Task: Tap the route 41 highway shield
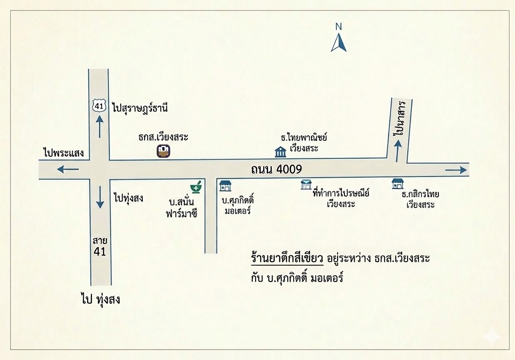pyautogui.click(x=99, y=106)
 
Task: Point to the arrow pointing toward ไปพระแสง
pyautogui.click(x=68, y=169)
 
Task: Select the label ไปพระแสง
pyautogui.click(x=64, y=153)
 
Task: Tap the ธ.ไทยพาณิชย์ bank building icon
pyautogui.click(x=281, y=152)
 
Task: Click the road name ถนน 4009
pyautogui.click(x=276, y=170)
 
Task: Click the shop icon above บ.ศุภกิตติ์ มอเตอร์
pyautogui.click(x=225, y=185)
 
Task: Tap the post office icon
pyautogui.click(x=306, y=185)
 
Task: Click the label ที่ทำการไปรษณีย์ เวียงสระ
pyautogui.click(x=340, y=198)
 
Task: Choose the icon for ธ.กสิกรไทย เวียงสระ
pyautogui.click(x=398, y=184)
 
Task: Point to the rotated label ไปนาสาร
pyautogui.click(x=401, y=117)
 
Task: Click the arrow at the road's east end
pyautogui.click(x=456, y=170)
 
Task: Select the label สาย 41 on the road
pyautogui.click(x=100, y=246)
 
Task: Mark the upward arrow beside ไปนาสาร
pyautogui.click(x=398, y=150)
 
